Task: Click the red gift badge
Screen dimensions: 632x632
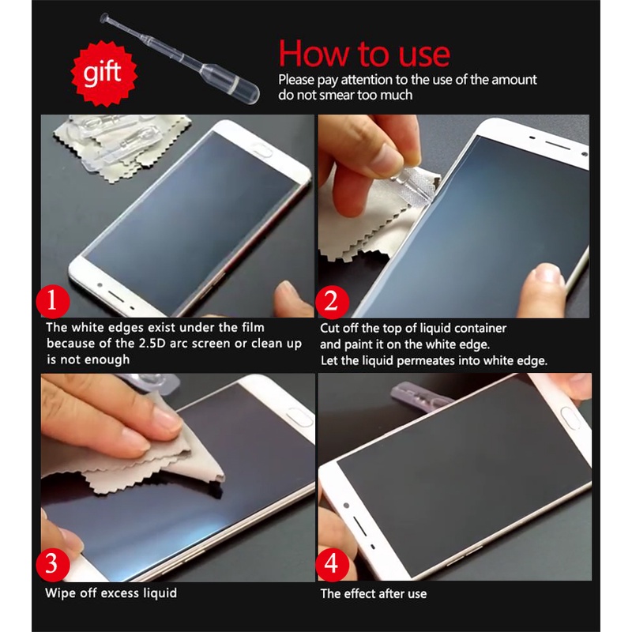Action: tap(104, 73)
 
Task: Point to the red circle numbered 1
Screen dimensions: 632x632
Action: tap(53, 302)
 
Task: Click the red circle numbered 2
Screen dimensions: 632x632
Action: tap(332, 302)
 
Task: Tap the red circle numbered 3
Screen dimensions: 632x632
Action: tap(53, 564)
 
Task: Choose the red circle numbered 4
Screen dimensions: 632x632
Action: tap(332, 564)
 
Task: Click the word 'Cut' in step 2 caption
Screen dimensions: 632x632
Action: tap(329, 328)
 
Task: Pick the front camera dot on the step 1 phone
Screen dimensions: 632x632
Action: tap(100, 285)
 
